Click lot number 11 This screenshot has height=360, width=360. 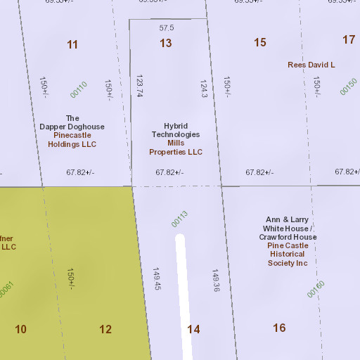(72, 44)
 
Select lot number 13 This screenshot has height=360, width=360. (165, 43)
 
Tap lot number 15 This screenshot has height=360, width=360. (260, 42)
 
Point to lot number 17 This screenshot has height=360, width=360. (349, 39)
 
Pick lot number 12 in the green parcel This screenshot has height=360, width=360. (105, 329)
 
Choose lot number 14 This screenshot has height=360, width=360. (193, 329)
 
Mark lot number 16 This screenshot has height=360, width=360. (279, 328)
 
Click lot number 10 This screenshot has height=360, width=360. (20, 329)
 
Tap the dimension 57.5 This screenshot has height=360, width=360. (167, 27)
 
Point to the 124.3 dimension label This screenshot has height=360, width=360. (204, 89)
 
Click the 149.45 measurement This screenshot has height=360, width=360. (157, 278)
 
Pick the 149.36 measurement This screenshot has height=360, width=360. (216, 279)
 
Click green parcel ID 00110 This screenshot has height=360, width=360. (78, 89)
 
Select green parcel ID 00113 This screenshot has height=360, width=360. (179, 219)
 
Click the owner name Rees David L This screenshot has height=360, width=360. (311, 65)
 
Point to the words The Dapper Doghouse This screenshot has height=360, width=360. (72, 122)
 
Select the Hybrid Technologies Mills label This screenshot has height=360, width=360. (176, 134)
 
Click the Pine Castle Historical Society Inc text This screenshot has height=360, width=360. (288, 254)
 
